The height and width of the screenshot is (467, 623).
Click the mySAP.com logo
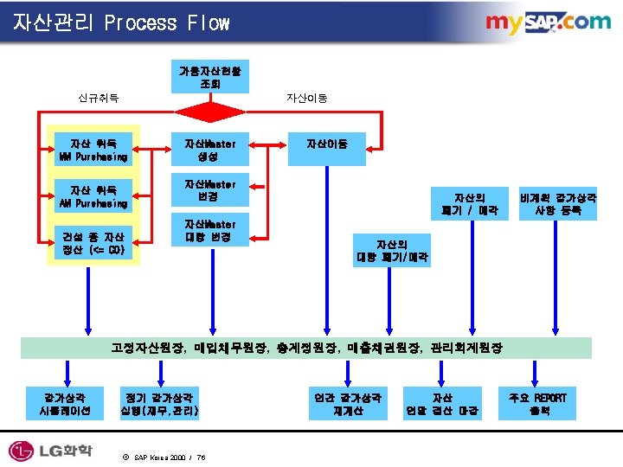[x=547, y=22]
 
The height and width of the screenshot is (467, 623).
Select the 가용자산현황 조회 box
[x=210, y=77]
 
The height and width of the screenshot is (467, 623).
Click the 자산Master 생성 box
[x=210, y=150]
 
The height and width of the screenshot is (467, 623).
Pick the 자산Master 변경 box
[x=210, y=191]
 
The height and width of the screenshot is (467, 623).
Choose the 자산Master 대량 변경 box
[x=210, y=231]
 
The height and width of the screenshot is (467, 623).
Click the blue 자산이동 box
[x=327, y=144]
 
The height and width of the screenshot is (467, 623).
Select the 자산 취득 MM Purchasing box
[x=93, y=150]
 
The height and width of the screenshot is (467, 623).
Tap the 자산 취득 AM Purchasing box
[x=93, y=196]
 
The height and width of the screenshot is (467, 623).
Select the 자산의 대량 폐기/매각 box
[x=392, y=251]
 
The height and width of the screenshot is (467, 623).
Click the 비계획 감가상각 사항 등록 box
[x=558, y=203]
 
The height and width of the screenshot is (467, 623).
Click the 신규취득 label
[x=98, y=99]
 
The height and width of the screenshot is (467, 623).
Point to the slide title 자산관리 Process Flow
[x=121, y=22]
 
